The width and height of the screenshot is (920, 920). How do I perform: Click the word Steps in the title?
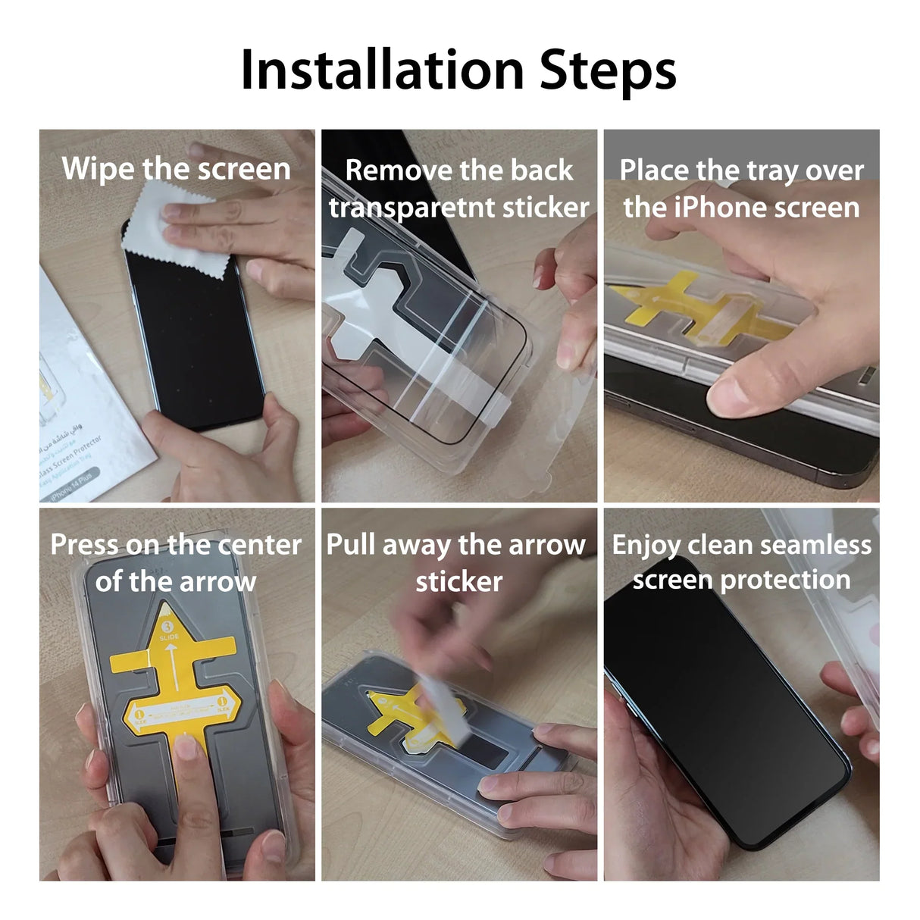607,70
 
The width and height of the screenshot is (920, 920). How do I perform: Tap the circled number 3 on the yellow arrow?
168,627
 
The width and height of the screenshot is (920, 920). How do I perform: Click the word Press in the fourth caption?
83,544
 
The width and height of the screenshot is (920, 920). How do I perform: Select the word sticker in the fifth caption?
459,581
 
